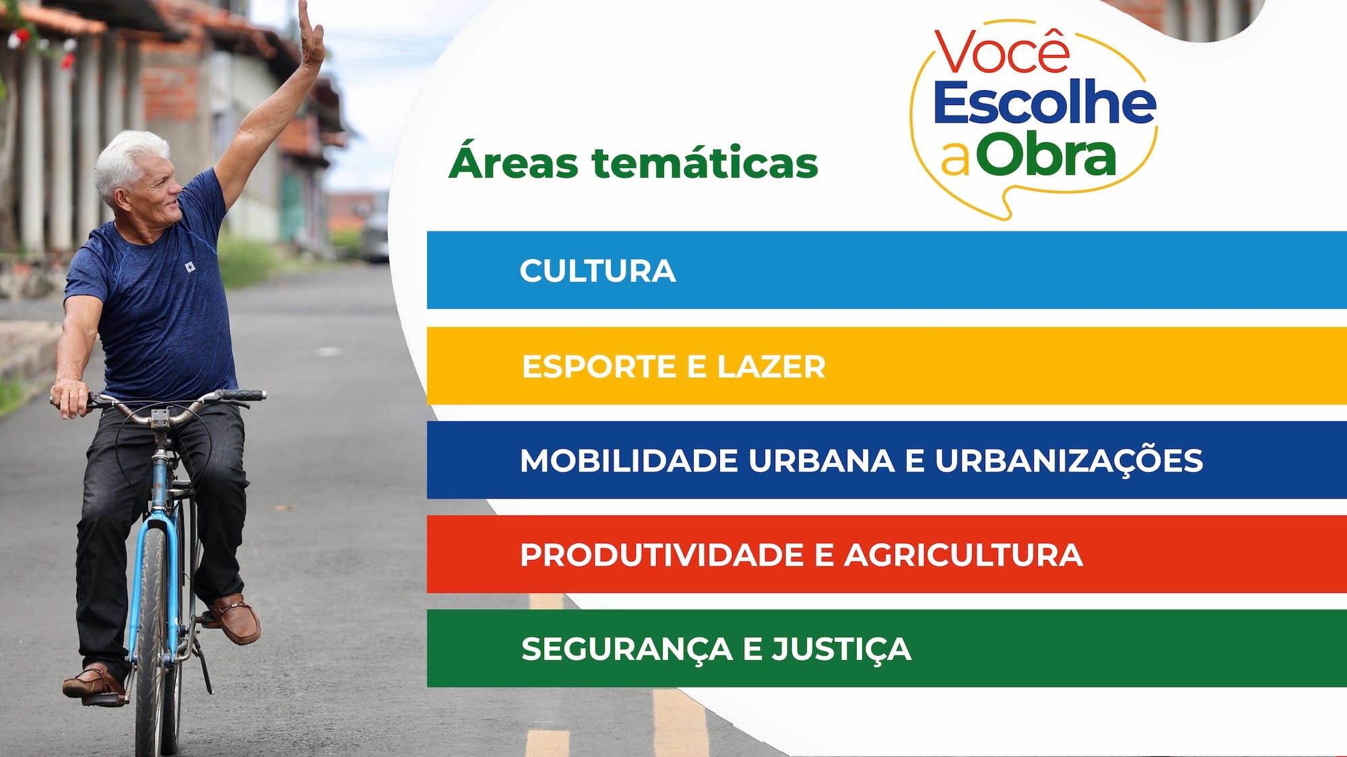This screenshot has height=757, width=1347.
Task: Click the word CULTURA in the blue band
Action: coord(597,271)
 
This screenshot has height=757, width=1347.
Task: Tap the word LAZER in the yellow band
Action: coord(771,367)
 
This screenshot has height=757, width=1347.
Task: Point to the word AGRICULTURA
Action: coord(964,555)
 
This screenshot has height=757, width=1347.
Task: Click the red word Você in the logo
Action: coord(1002,52)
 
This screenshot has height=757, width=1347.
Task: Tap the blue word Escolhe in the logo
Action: coord(1045,103)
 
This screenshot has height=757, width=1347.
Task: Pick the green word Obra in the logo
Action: coord(1046,154)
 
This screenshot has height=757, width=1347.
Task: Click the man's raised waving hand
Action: coord(310,34)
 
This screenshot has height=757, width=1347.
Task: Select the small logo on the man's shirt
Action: coord(191,268)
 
